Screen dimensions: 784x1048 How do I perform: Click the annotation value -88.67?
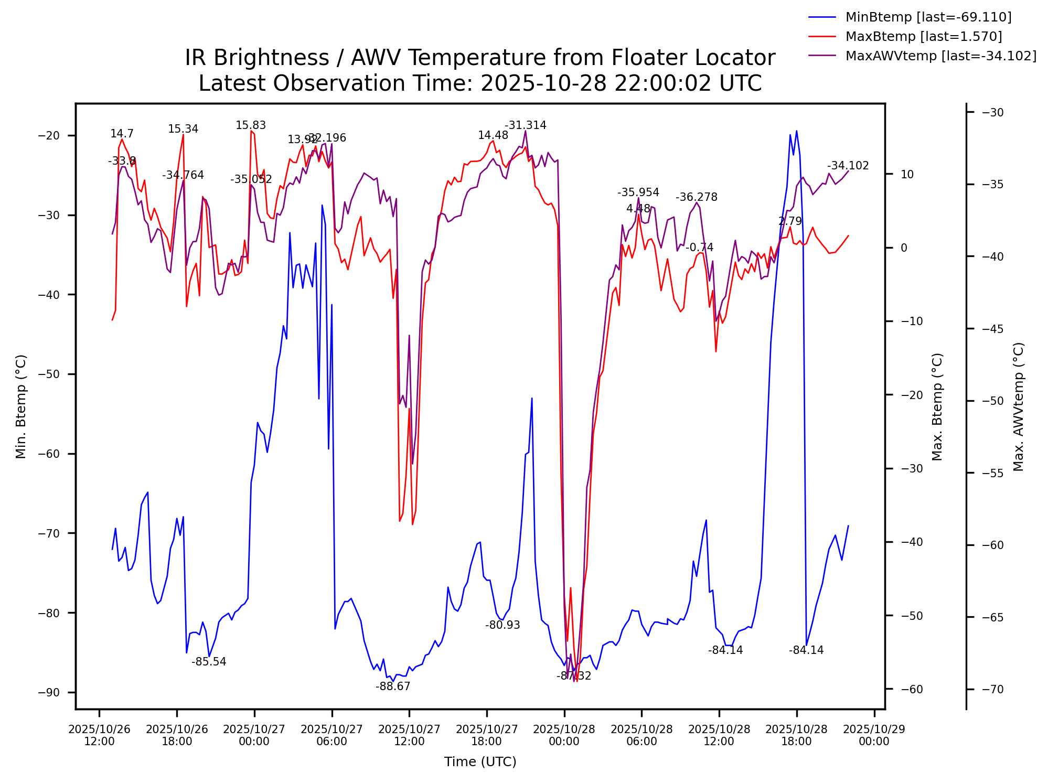(393, 686)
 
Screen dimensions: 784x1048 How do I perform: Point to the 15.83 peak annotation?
(251, 125)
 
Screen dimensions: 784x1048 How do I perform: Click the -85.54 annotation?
(209, 662)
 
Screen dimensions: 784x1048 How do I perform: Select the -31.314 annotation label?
(526, 125)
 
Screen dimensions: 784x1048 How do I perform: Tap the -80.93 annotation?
(502, 625)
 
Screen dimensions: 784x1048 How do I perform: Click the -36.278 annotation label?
(697, 197)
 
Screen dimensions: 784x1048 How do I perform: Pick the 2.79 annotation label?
(790, 221)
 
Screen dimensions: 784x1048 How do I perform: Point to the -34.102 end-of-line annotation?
(848, 166)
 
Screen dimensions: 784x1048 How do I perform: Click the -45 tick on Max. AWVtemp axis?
(992, 329)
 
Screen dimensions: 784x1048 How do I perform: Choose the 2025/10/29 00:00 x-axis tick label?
(874, 735)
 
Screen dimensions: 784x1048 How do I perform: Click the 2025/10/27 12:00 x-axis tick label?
(409, 735)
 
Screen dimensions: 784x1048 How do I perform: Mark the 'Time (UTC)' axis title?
(480, 762)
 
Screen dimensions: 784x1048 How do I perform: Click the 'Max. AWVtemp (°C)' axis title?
(1019, 407)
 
